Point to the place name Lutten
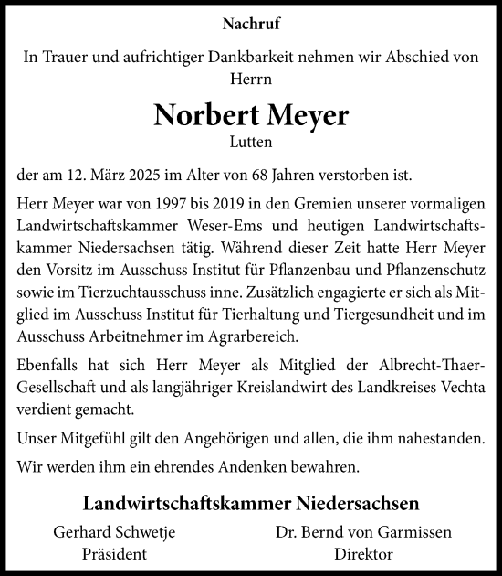250,142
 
